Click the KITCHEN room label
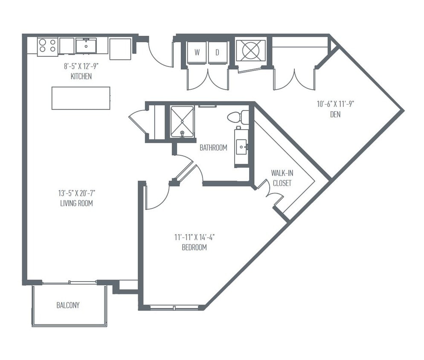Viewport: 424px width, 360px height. (81, 77)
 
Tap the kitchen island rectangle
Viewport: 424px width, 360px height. (81, 98)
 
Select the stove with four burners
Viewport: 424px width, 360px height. (47, 46)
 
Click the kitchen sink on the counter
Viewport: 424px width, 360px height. (86, 46)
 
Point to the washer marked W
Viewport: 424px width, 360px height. (197, 53)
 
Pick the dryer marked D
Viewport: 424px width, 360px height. (218, 53)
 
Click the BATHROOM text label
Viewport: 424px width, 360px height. (213, 148)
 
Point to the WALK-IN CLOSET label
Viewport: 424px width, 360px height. (282, 178)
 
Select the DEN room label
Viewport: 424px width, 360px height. (335, 115)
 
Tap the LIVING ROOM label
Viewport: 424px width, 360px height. (77, 203)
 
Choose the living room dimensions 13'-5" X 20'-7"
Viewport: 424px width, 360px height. (77, 193)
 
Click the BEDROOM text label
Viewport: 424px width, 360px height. (195, 247)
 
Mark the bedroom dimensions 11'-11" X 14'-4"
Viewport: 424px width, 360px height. (195, 237)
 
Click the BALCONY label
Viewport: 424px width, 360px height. (68, 305)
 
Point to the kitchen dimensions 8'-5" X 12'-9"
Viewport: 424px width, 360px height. (81, 67)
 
